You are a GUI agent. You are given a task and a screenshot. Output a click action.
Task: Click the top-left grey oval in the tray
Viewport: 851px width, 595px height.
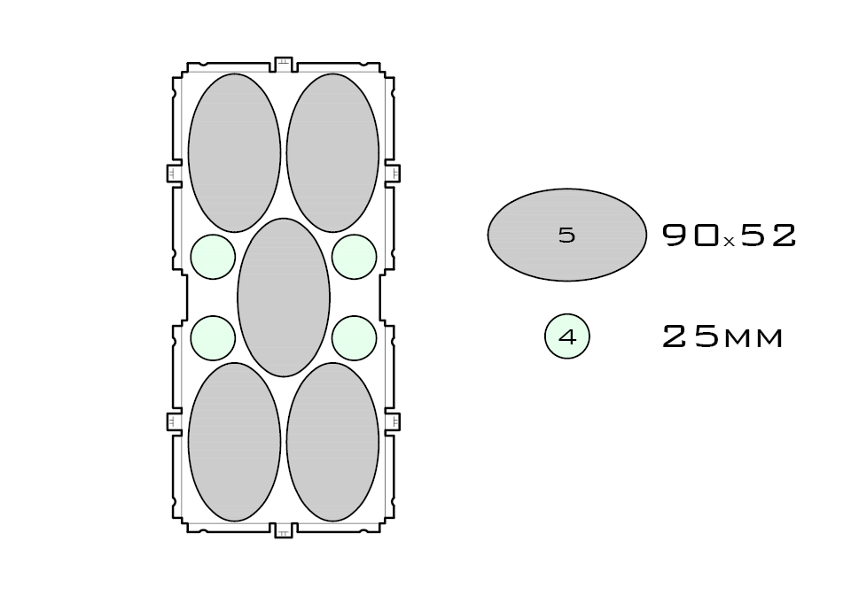(x=235, y=152)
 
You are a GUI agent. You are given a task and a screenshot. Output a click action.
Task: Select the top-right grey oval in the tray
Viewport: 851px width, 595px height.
(x=333, y=152)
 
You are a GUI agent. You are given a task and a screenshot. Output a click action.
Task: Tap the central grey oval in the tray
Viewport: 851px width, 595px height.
(x=284, y=297)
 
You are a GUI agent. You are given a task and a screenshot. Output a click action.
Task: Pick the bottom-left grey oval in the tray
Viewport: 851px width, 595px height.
(x=235, y=441)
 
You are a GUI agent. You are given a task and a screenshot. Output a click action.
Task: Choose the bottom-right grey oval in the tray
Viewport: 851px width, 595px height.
(x=333, y=441)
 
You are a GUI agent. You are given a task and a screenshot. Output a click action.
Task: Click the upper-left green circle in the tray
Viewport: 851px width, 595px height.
(x=213, y=257)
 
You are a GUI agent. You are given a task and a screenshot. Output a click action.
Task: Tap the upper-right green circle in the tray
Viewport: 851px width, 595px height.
(x=355, y=257)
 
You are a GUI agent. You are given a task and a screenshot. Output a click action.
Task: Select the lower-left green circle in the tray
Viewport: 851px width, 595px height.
(x=213, y=338)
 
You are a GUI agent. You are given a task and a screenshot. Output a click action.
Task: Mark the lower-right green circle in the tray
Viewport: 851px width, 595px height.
(x=355, y=338)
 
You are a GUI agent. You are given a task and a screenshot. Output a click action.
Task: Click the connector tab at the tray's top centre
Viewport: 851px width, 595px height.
(x=284, y=64)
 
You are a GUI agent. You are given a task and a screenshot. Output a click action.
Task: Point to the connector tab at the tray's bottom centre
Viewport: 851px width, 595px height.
(x=284, y=530)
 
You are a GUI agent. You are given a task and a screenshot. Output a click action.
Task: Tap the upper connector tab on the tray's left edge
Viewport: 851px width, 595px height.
(x=174, y=173)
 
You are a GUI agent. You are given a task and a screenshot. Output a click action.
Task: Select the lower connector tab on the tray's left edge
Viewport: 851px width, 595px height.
(x=174, y=421)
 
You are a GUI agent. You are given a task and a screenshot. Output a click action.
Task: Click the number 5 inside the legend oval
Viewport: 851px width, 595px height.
(x=567, y=236)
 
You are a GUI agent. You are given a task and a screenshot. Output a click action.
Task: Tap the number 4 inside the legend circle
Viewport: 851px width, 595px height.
(x=567, y=338)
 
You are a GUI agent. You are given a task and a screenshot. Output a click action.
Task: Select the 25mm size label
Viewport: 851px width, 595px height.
(x=723, y=337)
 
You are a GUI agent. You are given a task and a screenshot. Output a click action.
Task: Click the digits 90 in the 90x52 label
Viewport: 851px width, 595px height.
(x=691, y=235)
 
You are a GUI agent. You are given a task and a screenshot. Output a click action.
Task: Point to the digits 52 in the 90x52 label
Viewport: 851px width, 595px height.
(x=768, y=235)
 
